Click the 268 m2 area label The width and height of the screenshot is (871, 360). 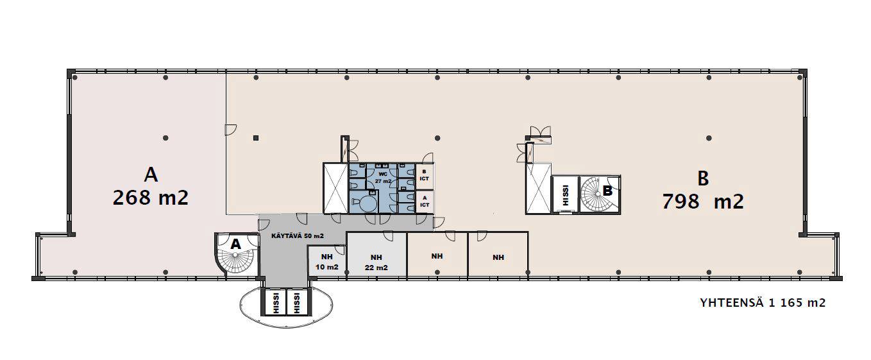click(x=151, y=197)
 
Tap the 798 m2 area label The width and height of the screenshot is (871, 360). click(x=703, y=201)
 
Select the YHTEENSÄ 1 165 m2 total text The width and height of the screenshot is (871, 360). click(x=763, y=303)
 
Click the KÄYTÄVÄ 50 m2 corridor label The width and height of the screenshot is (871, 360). click(x=298, y=236)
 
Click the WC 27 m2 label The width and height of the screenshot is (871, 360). click(x=383, y=178)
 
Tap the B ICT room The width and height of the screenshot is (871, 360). click(x=425, y=176)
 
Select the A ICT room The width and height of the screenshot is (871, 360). click(x=425, y=201)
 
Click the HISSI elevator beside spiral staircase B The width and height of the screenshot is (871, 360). click(x=565, y=194)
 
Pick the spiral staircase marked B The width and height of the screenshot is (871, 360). click(x=600, y=194)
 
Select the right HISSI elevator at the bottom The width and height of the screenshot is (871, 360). click(x=298, y=302)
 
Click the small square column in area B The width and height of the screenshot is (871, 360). click(x=256, y=138)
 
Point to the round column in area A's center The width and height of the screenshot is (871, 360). click(x=165, y=138)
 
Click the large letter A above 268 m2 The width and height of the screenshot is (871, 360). click(x=151, y=175)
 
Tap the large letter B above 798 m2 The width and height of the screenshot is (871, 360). click(x=703, y=178)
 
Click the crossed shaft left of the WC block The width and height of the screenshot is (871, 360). click(x=335, y=188)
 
